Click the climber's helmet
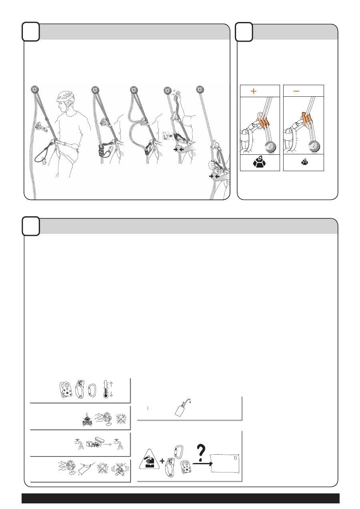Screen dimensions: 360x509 pos(66,97)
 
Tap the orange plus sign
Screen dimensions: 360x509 pos(254,91)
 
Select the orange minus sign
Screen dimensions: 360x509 pos(296,91)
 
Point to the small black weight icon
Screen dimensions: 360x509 pos(304,162)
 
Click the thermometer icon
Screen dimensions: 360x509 pos(106,390)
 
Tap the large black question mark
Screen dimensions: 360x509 pos(201,453)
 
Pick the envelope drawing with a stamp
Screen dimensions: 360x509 pos(225,463)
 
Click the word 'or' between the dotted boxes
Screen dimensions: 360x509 pos(171,136)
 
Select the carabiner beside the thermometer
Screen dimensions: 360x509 pos(92,390)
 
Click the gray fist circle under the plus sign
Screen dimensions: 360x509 pos(270,147)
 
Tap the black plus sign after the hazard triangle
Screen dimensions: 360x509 pos(162,461)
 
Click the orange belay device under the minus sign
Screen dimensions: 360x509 pos(307,118)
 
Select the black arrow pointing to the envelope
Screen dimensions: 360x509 pos(203,463)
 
